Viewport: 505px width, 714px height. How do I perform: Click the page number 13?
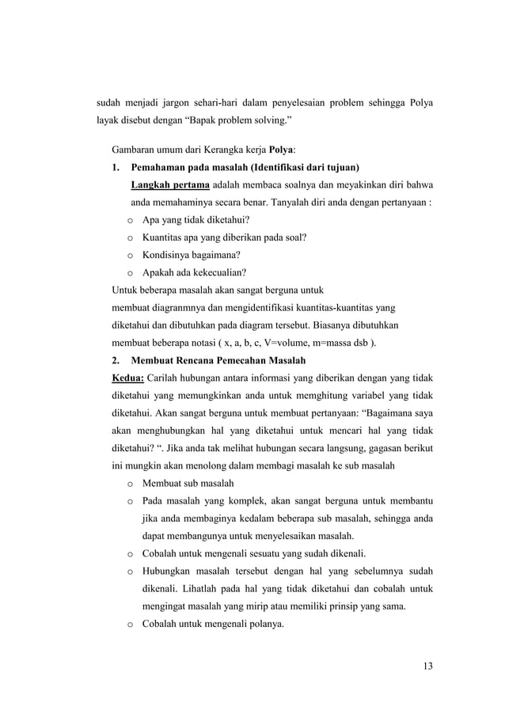click(427, 664)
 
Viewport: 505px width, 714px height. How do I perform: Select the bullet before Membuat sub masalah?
click(128, 483)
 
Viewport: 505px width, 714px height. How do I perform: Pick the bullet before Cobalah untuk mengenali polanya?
click(128, 625)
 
